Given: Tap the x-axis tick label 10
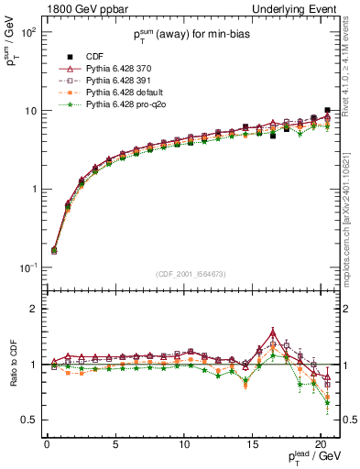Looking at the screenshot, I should [184, 442].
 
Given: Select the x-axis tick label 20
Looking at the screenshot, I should [321, 442].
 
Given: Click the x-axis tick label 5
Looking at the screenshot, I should [115, 442].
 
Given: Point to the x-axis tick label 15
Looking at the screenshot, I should [253, 442].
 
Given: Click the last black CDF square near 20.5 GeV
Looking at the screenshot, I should [328, 110].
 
